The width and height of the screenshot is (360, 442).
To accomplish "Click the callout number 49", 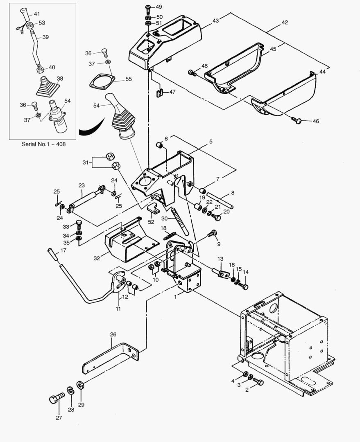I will coord(159,7).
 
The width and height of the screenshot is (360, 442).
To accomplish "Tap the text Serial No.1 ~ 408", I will coord(43,144).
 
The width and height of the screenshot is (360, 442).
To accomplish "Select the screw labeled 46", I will coord(297,120).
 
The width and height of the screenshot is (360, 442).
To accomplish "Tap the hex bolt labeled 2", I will coord(258,382).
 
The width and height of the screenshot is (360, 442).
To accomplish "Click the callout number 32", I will coord(97,258).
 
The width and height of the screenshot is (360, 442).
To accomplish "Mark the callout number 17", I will coord(63,250).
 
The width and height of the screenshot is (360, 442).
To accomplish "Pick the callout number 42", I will coord(284,23).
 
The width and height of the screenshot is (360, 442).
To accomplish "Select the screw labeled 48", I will coord(191,73).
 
